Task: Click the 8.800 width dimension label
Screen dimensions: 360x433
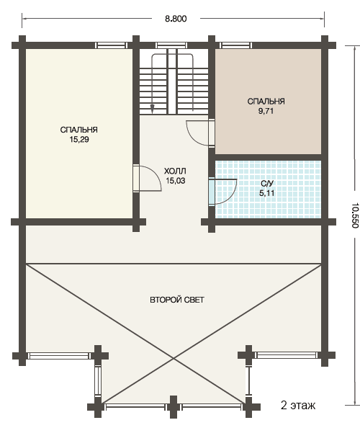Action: click(176, 19)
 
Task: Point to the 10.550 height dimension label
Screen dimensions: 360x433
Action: click(355, 215)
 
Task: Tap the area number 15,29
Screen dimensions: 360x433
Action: click(79, 140)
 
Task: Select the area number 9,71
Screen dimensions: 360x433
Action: click(266, 111)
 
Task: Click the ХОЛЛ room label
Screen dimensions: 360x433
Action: click(175, 171)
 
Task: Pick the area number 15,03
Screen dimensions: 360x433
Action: click(175, 181)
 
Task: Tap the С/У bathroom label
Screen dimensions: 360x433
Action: click(266, 184)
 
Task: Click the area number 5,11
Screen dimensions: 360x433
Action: click(266, 193)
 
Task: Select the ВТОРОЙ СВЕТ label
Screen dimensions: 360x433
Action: click(177, 300)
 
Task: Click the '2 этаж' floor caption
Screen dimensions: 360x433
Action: click(298, 406)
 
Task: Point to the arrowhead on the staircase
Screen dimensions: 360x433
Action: click(152, 109)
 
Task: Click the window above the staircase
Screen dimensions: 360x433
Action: click(171, 45)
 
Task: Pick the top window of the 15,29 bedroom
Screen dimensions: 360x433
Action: click(111, 45)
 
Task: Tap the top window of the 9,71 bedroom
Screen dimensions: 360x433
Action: click(235, 45)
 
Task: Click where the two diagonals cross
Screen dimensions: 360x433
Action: click(174, 359)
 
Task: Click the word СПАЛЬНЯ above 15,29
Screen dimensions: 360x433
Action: click(79, 130)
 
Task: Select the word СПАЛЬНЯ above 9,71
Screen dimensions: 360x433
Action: click(266, 102)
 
